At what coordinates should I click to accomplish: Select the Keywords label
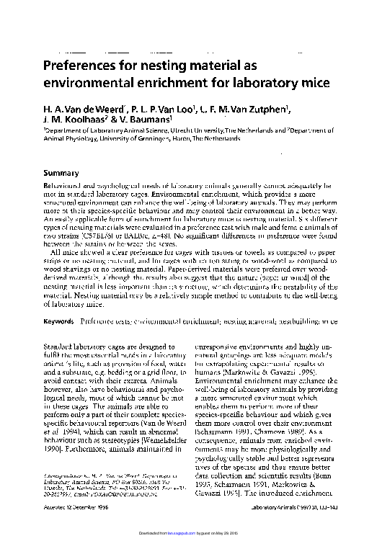pyautogui.click(x=58, y=320)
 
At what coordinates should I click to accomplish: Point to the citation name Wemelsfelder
pyautogui.click(x=143, y=416)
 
